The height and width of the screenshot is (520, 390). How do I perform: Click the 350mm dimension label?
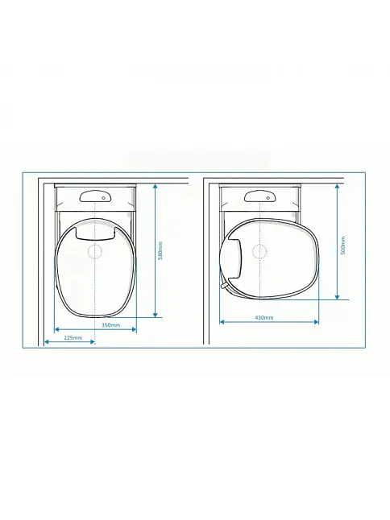pos(110,325)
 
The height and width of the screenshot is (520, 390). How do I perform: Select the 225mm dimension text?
pos(73,337)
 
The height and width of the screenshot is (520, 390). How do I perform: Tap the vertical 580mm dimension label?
pos(160,250)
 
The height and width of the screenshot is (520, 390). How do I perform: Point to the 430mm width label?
pos(264,317)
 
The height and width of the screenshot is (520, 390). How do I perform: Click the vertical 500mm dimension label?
pos(343,246)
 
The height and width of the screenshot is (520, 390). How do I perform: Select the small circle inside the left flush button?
pos(104,198)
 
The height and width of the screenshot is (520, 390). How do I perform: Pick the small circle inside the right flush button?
pos(268,198)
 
